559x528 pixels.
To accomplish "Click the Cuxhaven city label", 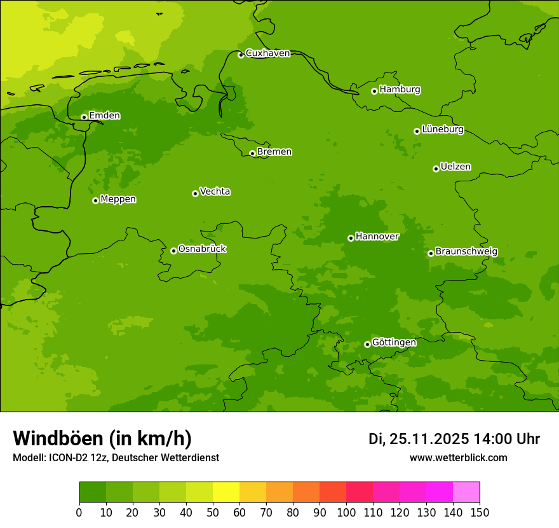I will pyautogui.click(x=267, y=53).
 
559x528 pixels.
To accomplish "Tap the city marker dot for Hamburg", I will pyautogui.click(x=374, y=91).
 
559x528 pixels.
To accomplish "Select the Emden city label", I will pyautogui.click(x=104, y=116).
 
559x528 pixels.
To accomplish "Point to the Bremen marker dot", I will pyautogui.click(x=252, y=153).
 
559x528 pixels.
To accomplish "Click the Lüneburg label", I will pyautogui.click(x=442, y=129).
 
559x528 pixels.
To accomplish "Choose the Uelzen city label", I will pyautogui.click(x=455, y=167).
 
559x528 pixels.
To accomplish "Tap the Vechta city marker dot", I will pyautogui.click(x=195, y=193).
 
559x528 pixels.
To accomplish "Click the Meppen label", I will pyautogui.click(x=118, y=199).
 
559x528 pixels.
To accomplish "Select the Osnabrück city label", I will pyautogui.click(x=202, y=249).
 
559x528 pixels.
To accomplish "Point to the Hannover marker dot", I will pyautogui.click(x=351, y=238).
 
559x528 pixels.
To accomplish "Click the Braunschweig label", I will pyautogui.click(x=466, y=251).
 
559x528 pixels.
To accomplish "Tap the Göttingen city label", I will pyautogui.click(x=394, y=342).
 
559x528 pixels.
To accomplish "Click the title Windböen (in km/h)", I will pyautogui.click(x=102, y=438).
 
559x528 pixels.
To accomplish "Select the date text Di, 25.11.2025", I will pyautogui.click(x=418, y=439).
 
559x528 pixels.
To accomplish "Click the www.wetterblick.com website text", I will pyautogui.click(x=458, y=457).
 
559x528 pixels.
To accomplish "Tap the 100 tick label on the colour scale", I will pyautogui.click(x=346, y=512).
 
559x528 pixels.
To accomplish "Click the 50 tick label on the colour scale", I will pyautogui.click(x=213, y=512).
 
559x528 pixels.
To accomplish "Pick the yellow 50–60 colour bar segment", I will pyautogui.click(x=226, y=492).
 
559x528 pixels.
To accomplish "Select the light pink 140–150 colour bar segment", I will pyautogui.click(x=466, y=492).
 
